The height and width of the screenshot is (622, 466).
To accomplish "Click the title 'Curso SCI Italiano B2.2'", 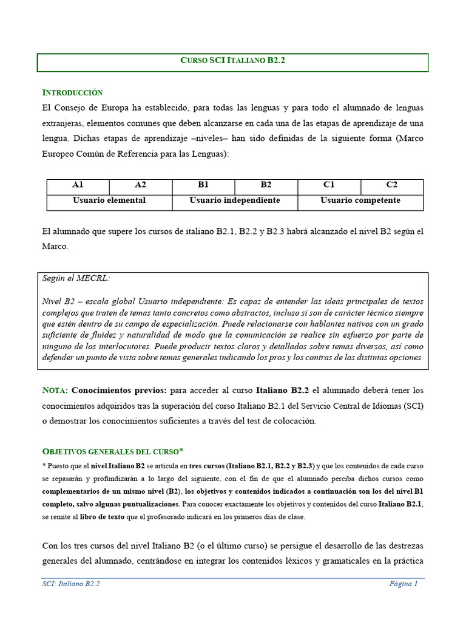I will point(233,61).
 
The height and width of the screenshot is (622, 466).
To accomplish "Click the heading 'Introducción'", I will point(72,93).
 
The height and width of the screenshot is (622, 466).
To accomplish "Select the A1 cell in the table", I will point(78,185).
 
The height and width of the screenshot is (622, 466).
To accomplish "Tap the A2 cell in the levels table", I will point(141,185).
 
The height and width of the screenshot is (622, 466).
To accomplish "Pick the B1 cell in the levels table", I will point(203,185).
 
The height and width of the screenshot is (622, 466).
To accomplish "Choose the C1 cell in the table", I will point(329,185).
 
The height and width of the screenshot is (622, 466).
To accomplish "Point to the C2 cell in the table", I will point(392,185).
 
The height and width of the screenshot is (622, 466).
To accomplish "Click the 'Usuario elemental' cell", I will point(109,200).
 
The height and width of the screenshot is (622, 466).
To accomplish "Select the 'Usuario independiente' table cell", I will point(235,200).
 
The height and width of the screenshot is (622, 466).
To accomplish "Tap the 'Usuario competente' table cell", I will point(360,200).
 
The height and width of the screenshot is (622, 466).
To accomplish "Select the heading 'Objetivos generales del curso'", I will point(110,452).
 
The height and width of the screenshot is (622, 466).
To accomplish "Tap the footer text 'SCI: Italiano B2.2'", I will point(71,584).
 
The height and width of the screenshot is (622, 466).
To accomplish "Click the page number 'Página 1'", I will point(404,584).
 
